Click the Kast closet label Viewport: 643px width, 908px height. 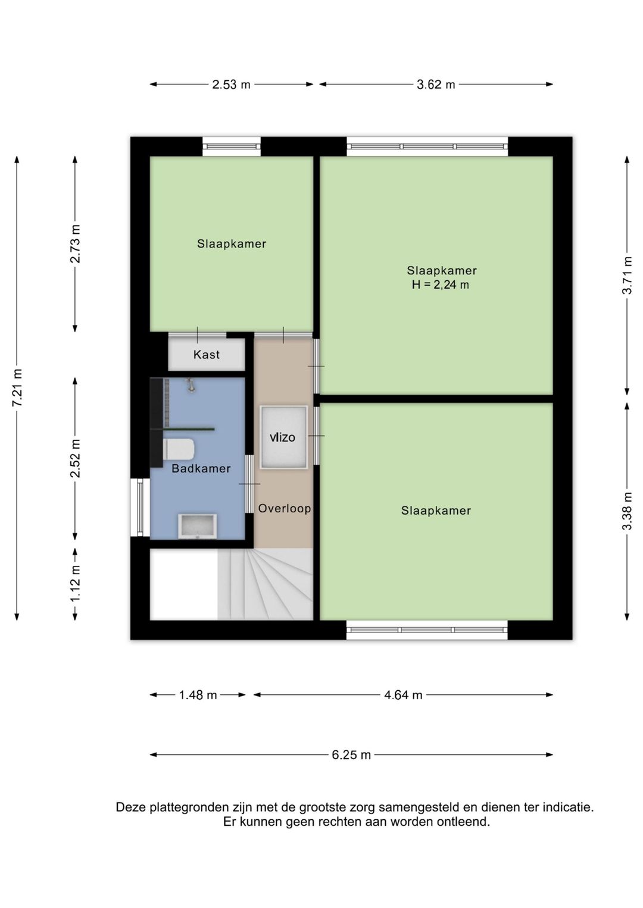(206, 355)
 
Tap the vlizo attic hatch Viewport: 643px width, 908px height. (283, 437)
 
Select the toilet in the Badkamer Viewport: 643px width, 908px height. (179, 450)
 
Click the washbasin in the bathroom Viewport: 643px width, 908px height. (197, 526)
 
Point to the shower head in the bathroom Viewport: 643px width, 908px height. (190, 385)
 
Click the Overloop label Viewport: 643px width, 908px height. (285, 508)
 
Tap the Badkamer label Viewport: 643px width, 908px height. (201, 469)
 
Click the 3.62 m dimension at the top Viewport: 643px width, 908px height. (436, 84)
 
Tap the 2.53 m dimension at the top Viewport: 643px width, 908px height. (231, 84)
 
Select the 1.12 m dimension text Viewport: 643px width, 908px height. (75, 584)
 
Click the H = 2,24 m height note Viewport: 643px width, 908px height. (441, 285)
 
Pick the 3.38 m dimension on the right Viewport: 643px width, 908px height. (627, 511)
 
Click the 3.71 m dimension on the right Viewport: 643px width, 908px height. (627, 275)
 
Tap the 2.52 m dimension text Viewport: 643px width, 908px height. (75, 458)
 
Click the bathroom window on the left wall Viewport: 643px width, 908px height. (140, 508)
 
